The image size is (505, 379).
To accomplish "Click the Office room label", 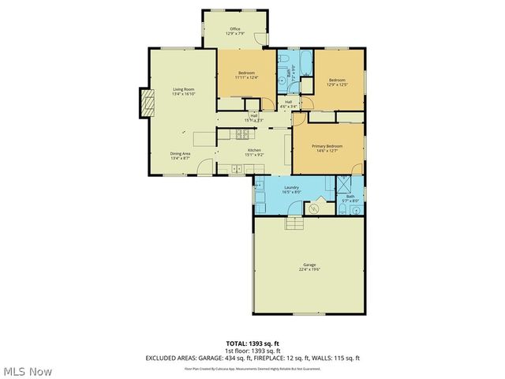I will point(234,30).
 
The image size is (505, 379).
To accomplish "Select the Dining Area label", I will point(181,155).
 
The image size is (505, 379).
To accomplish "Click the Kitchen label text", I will point(255,151).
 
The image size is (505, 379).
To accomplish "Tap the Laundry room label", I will point(291,188).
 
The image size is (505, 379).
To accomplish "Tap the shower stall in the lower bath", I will point(345,186).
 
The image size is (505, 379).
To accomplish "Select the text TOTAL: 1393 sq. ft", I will point(252,343).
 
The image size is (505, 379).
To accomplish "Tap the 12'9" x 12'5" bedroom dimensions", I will point(337,84).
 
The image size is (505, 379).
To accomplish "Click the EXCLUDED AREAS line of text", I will point(252,358).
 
